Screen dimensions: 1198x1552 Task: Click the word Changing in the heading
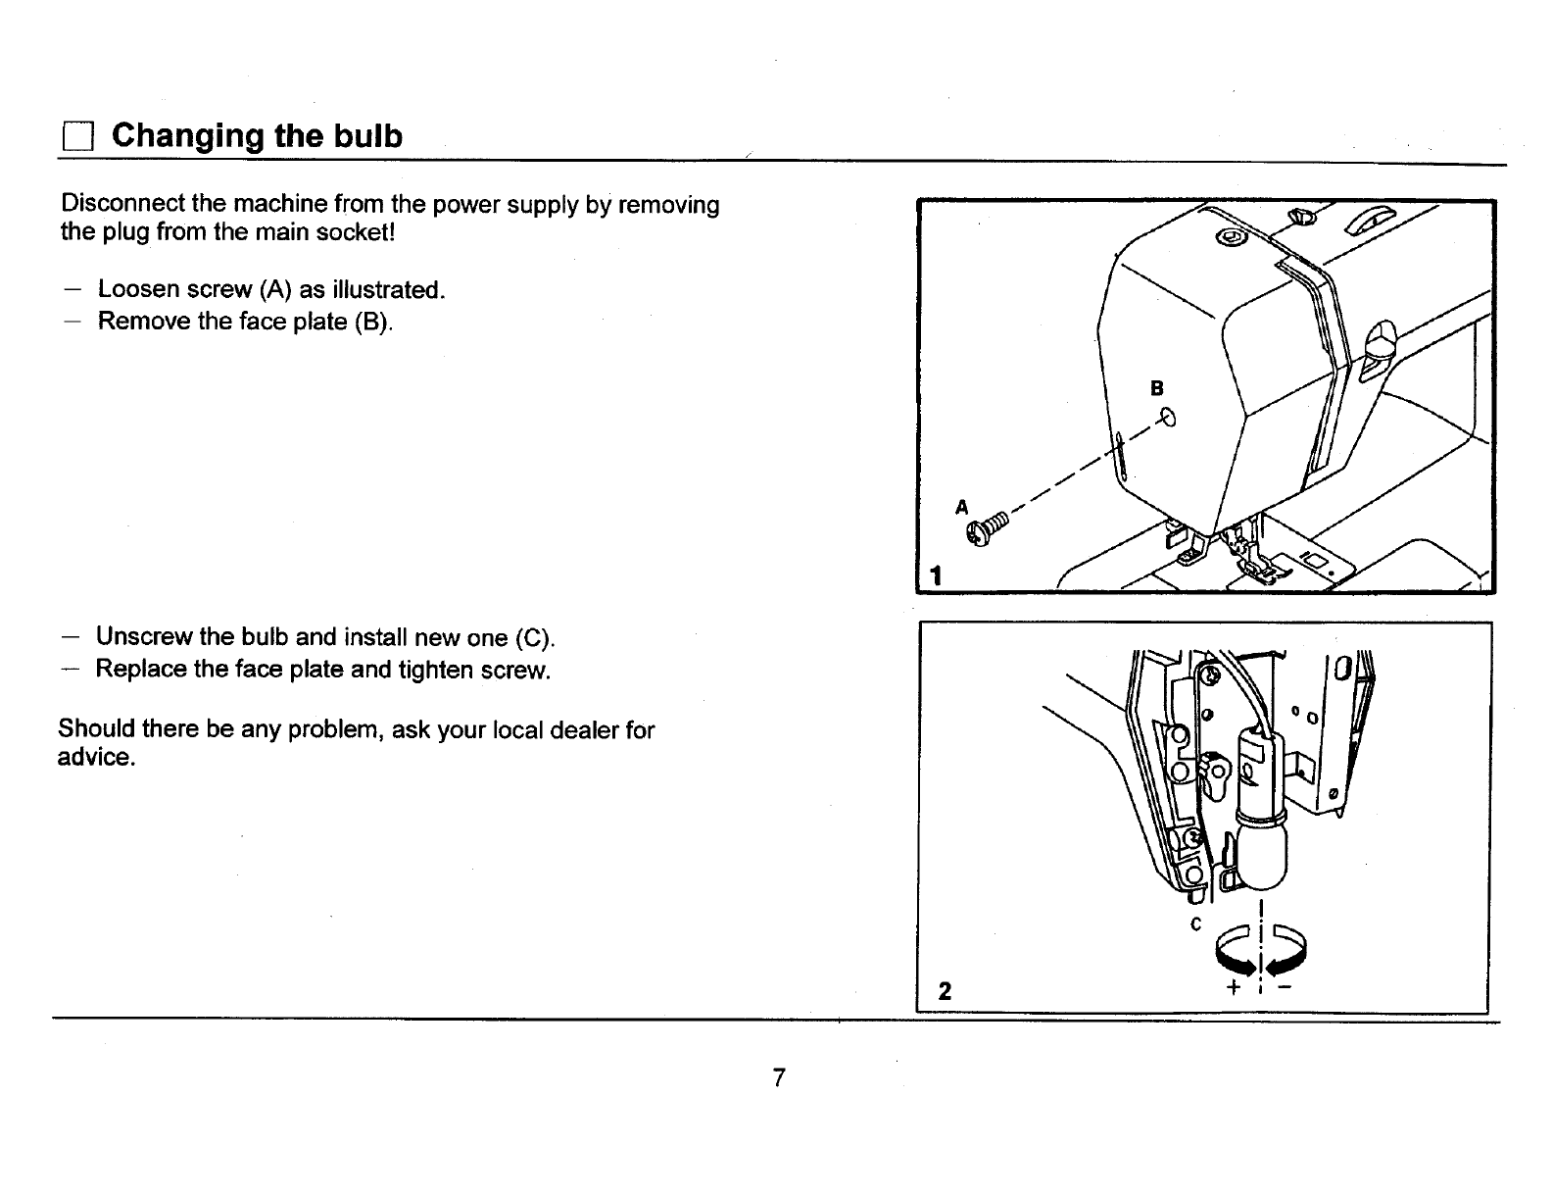pos(187,135)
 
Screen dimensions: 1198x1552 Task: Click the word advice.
pos(95,758)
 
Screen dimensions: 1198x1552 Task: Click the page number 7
pos(778,1078)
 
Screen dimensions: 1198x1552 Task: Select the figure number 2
pos(944,991)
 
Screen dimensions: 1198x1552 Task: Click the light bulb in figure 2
pos(1263,852)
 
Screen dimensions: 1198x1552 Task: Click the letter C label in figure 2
pos(1195,924)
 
